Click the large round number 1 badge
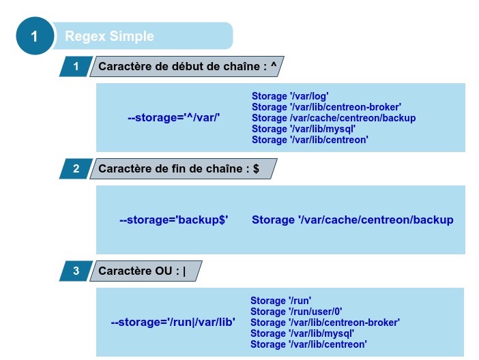pos(34,36)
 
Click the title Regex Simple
pos(109,36)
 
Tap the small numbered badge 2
pos(76,168)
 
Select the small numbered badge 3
pos(76,271)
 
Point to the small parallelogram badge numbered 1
pos(76,66)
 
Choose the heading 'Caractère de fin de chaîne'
pos(171,168)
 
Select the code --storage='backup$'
pos(173,220)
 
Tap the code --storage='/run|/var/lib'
pos(173,322)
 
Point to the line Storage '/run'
pos(281,301)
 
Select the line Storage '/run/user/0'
pos(296,312)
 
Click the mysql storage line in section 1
pos(304,129)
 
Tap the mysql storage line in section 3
pos(302,333)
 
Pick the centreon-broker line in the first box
pos(326,107)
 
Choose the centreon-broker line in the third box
pos(325,322)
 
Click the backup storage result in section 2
pos(352,220)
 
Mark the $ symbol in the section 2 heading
pos(256,168)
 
